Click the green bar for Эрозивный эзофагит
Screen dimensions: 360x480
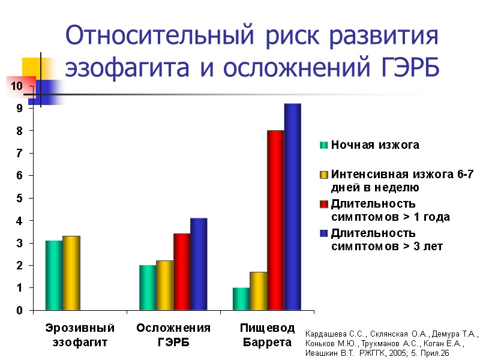pyautogui.click(x=54, y=275)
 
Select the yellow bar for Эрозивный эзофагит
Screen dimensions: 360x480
pyautogui.click(x=71, y=273)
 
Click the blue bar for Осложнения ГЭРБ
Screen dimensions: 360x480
pyautogui.click(x=199, y=264)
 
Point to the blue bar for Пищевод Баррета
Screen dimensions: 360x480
pyautogui.click(x=292, y=207)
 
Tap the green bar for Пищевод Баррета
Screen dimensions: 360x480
pyautogui.click(x=241, y=299)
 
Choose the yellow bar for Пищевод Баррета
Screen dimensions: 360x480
pyautogui.click(x=259, y=291)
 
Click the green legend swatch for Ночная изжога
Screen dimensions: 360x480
pyautogui.click(x=324, y=145)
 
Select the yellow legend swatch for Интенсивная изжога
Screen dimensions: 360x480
pyautogui.click(x=324, y=175)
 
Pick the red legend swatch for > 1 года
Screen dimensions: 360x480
pyautogui.click(x=324, y=204)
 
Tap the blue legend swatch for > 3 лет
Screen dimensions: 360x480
pyautogui.click(x=324, y=233)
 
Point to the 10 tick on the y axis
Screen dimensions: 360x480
pyautogui.click(x=17, y=86)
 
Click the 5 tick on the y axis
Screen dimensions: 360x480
pyautogui.click(x=20, y=199)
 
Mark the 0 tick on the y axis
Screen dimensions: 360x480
pyautogui.click(x=20, y=311)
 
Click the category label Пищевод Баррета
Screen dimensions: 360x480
pyautogui.click(x=268, y=335)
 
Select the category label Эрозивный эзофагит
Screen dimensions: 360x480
pyautogui.click(x=80, y=335)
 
